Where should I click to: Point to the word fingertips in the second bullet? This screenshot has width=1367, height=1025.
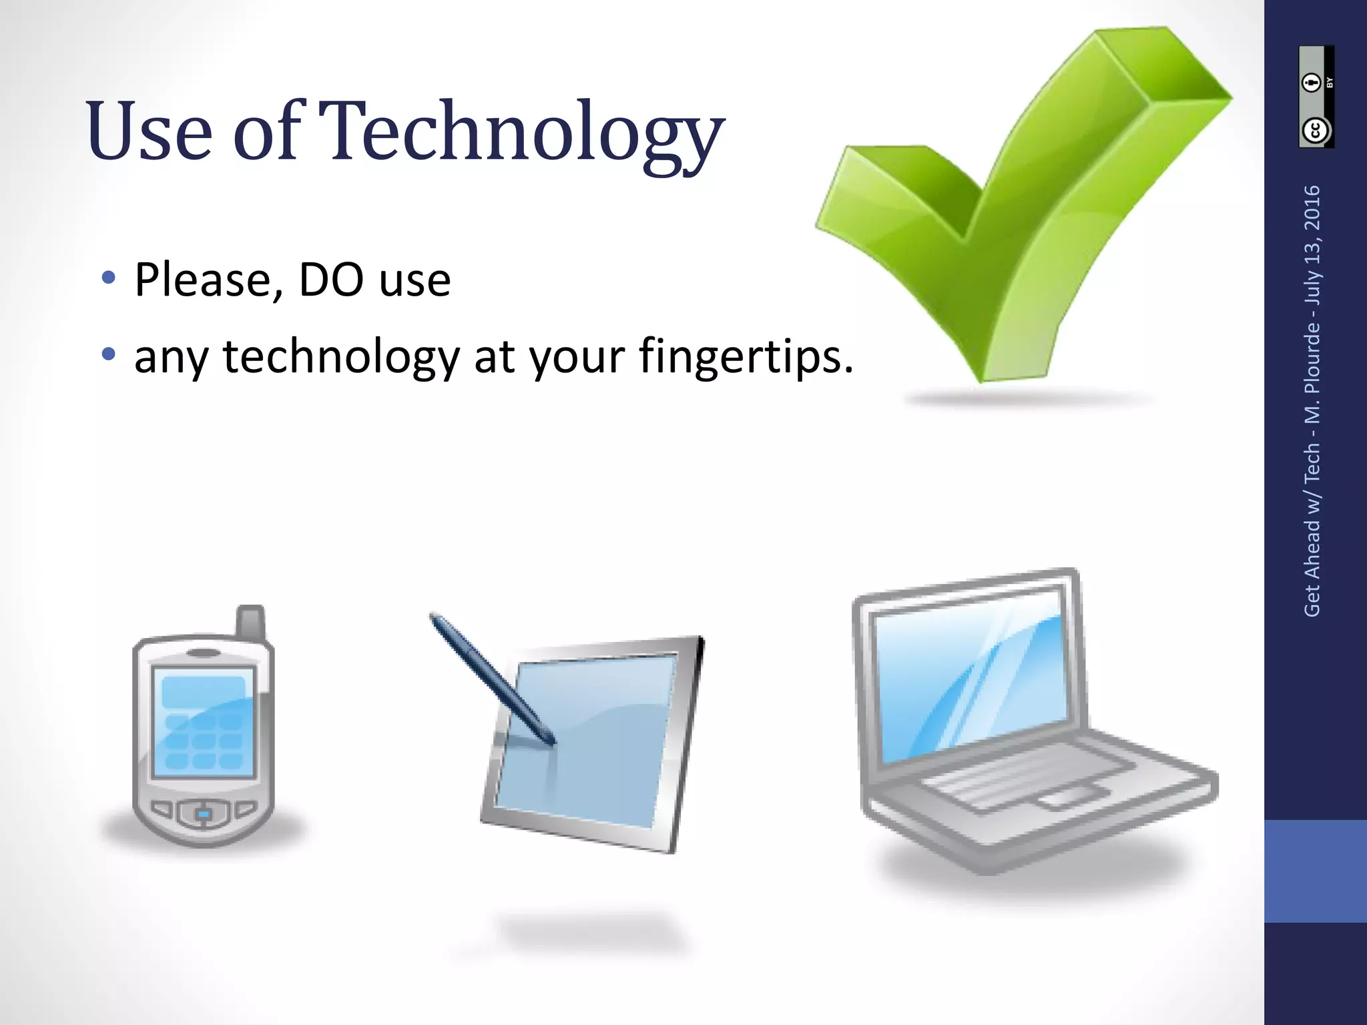point(746,357)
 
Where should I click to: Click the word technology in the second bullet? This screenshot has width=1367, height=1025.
point(340,357)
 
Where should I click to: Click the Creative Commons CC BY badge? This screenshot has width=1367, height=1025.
point(1316,97)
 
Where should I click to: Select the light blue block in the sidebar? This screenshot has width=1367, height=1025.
point(1315,871)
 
